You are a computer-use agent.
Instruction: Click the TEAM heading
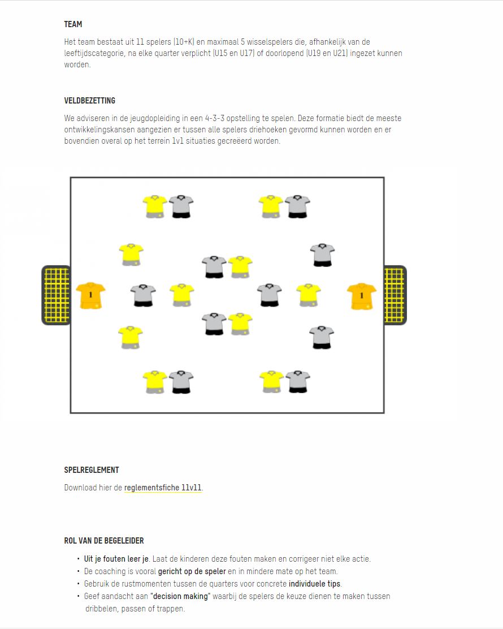[73, 24]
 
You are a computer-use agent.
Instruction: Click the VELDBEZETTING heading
[90, 101]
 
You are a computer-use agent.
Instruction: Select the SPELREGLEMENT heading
[92, 470]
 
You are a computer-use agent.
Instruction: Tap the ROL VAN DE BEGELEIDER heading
[104, 541]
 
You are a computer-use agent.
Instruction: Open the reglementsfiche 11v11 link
[163, 488]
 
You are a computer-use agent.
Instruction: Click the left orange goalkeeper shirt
[90, 296]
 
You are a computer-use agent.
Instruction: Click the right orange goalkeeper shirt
[362, 296]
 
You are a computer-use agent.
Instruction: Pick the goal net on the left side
[56, 295]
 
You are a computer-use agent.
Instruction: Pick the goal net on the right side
[395, 295]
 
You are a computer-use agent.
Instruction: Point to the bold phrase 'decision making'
[180, 597]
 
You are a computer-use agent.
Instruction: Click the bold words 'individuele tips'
[314, 584]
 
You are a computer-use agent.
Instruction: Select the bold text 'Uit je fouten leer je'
[116, 559]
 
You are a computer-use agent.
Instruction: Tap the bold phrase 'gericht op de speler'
[192, 572]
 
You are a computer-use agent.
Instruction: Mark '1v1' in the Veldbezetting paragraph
[178, 141]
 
